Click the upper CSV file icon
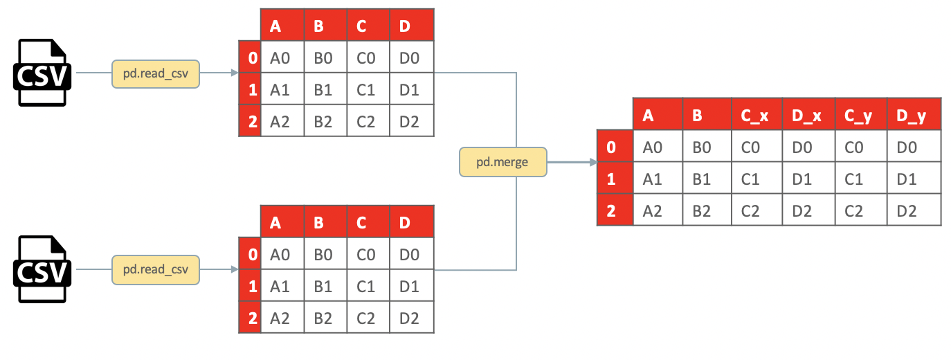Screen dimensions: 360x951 (42, 73)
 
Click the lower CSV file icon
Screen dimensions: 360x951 (42, 269)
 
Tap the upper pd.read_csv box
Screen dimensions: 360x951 (156, 73)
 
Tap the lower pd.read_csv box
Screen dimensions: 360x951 (156, 269)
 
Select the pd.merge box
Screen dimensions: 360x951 (502, 162)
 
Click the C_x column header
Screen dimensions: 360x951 (756, 116)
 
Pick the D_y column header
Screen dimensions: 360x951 (914, 116)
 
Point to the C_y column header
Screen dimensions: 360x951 (860, 116)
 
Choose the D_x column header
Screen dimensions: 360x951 (808, 116)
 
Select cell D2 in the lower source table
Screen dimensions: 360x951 (412, 318)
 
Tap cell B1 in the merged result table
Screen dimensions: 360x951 (706, 179)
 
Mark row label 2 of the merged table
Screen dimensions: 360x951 (615, 210)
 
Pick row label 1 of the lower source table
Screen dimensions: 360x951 (250, 286)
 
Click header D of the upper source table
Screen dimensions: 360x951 (412, 26)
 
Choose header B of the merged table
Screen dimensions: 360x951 (706, 116)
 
